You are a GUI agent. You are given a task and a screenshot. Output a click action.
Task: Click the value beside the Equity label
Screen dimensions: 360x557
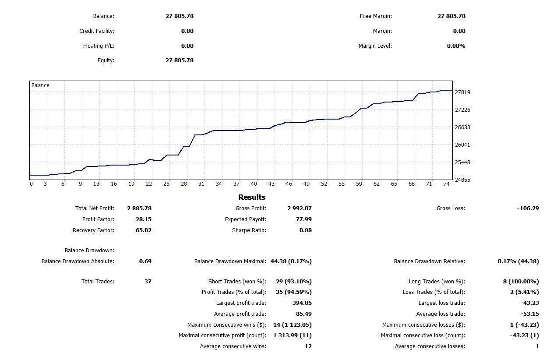[x=179, y=60]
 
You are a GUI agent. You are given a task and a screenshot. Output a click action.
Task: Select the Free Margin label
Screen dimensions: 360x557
[x=376, y=16]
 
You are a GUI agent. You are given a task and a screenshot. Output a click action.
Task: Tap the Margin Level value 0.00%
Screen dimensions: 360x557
[x=456, y=46]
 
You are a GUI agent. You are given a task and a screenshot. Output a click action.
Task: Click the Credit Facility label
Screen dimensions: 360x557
[x=96, y=31]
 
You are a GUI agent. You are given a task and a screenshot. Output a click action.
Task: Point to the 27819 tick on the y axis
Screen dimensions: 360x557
[x=462, y=92]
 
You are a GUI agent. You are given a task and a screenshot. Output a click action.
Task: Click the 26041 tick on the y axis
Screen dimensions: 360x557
[x=462, y=145]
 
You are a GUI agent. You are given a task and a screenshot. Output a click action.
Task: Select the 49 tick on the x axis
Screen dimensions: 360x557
[x=307, y=184]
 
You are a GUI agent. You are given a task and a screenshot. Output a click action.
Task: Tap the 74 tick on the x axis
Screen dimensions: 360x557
[x=446, y=184]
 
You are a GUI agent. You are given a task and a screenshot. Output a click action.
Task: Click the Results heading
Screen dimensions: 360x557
[x=252, y=197]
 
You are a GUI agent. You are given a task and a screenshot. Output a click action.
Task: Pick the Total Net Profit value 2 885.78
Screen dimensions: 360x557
[x=139, y=208]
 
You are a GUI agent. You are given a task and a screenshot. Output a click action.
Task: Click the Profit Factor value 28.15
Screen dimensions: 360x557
[x=144, y=219]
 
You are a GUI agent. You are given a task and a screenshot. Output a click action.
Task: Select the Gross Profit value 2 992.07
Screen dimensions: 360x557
[x=300, y=208]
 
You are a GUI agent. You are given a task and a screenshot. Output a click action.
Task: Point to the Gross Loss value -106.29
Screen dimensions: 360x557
[x=528, y=208]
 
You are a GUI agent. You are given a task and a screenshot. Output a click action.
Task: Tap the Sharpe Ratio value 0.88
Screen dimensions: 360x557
[x=305, y=230]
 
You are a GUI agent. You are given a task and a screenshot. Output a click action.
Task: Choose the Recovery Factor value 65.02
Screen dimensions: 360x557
[x=144, y=230]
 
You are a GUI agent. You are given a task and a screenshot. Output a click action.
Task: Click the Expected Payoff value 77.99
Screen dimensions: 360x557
[x=303, y=219]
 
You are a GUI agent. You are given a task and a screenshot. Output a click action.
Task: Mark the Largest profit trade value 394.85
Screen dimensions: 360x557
[x=302, y=303]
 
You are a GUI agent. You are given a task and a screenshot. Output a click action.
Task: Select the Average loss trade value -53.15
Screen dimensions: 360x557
[x=529, y=314]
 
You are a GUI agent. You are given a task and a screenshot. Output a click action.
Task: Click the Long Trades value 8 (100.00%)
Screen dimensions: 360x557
[x=521, y=282]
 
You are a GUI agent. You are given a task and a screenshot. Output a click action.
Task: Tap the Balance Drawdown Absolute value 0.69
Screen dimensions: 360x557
[x=145, y=261]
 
